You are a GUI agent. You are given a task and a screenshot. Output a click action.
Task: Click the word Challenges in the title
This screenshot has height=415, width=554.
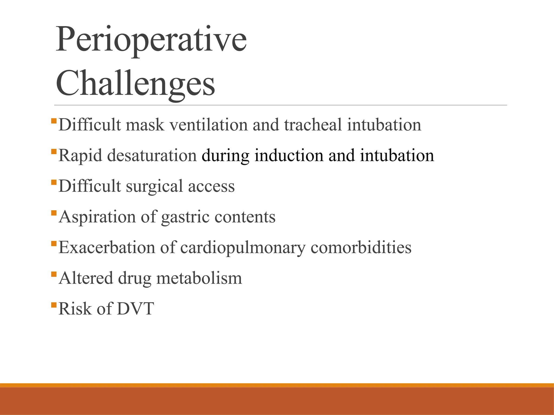point(135,84)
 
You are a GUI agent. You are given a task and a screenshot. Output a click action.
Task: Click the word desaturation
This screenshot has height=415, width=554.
point(152,156)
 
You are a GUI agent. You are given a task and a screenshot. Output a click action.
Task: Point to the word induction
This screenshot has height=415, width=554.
point(289,156)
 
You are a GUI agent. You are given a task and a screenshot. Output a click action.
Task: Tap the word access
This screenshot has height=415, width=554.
point(211,187)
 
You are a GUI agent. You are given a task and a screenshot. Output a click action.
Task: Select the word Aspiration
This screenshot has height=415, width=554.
point(97,217)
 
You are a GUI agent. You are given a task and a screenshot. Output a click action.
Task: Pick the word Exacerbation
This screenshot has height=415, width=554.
point(107,247)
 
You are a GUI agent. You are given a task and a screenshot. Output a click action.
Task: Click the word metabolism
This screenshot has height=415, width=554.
point(199,278)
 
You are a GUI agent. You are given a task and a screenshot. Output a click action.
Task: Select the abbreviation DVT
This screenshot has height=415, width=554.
point(136,309)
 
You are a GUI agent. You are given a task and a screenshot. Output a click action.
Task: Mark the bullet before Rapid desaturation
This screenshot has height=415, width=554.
point(54,152)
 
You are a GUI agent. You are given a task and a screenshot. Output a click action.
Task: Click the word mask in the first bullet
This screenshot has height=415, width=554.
point(145,125)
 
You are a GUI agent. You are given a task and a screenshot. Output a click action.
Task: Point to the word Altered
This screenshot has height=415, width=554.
point(86,278)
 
